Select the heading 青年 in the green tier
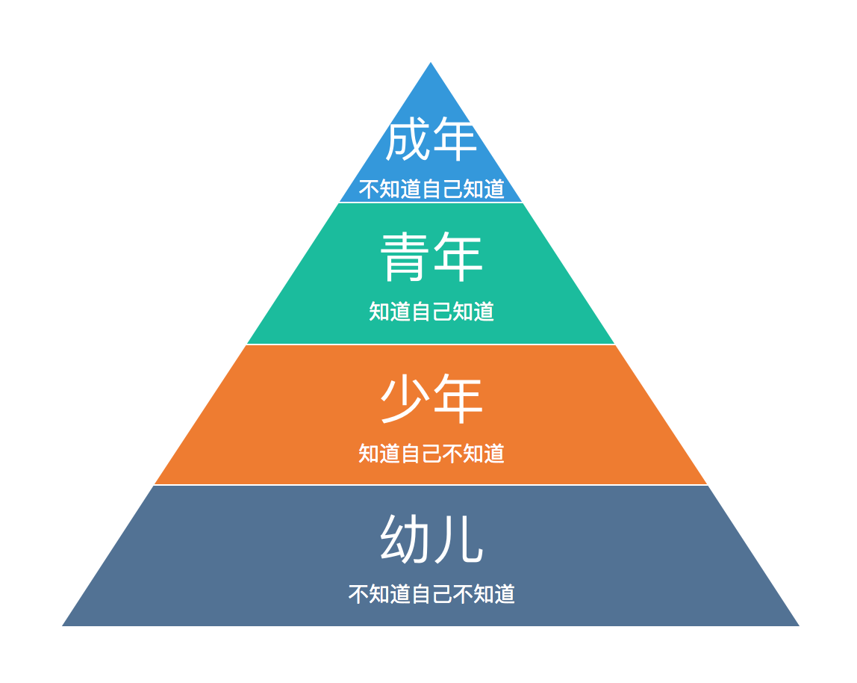pos(431,257)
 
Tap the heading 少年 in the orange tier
pos(431,399)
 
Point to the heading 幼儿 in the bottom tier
pos(431,540)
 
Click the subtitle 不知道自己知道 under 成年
pos(431,189)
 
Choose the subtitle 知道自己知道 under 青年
pos(431,311)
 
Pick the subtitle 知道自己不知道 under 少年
pos(431,453)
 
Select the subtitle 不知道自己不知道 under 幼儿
pos(431,594)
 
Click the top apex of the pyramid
pos(431,64)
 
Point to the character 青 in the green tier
pos(405,257)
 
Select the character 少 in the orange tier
pos(405,399)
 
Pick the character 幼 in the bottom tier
pos(405,540)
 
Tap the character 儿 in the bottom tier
pos(458,540)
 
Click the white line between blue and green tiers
pos(431,203)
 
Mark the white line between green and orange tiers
pos(431,344)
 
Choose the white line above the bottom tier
pos(431,485)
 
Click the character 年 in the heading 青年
pos(458,257)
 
